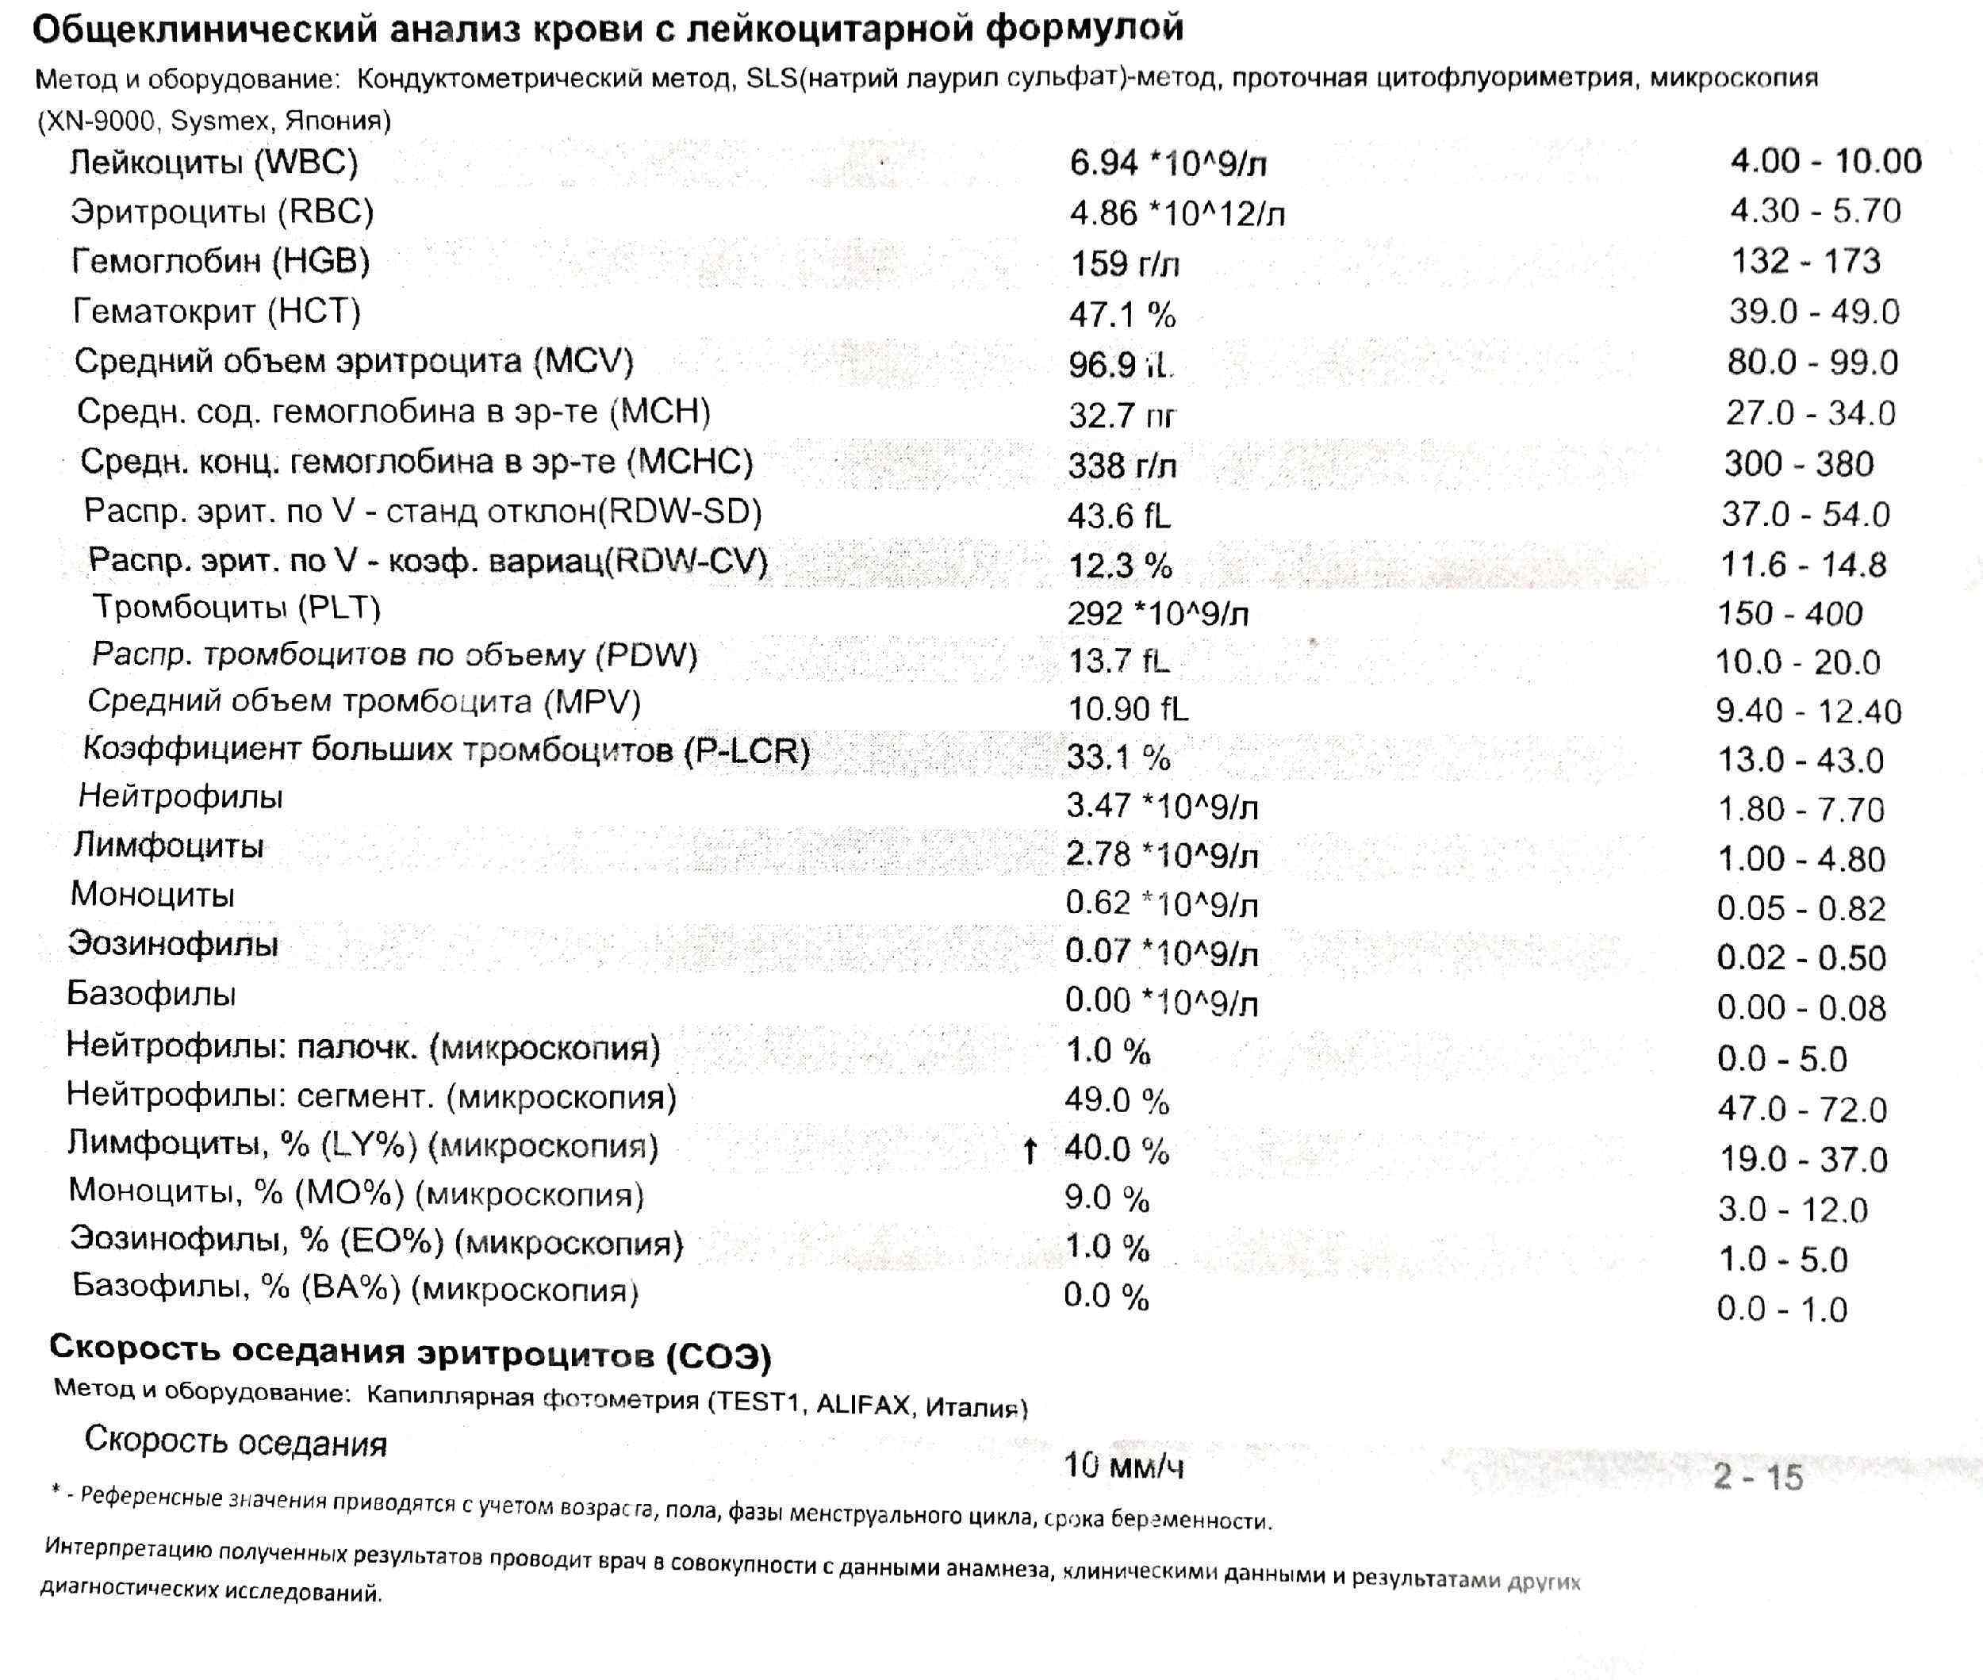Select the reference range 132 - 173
1805,261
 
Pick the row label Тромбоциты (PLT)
236,607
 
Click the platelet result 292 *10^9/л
1156,614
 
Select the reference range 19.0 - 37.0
1803,1159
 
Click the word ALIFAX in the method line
862,1405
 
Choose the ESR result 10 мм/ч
1123,1465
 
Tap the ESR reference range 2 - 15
1757,1477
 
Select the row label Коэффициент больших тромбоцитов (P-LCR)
446,750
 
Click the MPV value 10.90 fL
1127,708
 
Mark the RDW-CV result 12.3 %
1119,566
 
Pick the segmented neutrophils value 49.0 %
1116,1100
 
